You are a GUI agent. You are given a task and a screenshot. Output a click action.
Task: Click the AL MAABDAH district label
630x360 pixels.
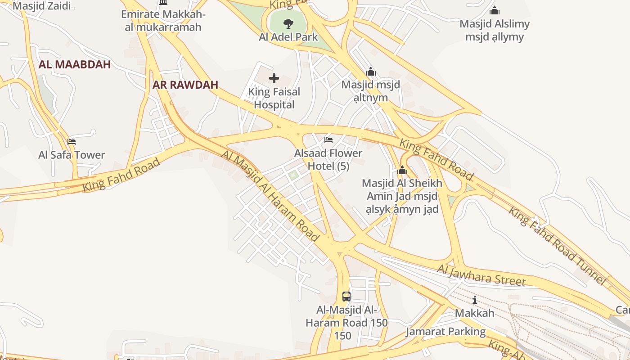(75, 64)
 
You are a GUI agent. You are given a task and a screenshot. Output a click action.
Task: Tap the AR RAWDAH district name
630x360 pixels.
(185, 85)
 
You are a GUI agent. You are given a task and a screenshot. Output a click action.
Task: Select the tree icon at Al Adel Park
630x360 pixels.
(288, 23)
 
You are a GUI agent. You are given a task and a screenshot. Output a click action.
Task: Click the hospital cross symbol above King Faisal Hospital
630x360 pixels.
(274, 79)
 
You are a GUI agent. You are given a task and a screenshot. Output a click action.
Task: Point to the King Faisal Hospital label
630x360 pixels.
(274, 98)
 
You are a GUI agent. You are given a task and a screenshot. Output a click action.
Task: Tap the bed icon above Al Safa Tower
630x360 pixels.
(72, 142)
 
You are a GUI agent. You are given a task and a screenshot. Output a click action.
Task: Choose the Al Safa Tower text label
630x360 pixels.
(72, 155)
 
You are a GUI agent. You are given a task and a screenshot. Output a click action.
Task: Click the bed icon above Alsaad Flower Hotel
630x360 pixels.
(328, 140)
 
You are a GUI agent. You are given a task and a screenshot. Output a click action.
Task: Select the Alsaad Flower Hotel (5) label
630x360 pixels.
(328, 159)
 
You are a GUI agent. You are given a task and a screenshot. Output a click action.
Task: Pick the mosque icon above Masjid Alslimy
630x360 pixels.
(495, 10)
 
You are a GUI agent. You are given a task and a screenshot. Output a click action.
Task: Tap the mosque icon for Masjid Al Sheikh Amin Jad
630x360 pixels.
(402, 171)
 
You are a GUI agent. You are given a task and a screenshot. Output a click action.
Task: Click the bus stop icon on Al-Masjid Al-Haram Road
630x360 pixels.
(346, 296)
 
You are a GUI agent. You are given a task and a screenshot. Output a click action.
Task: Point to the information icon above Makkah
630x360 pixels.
(474, 300)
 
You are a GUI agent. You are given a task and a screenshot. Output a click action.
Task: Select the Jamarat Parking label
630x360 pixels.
(445, 332)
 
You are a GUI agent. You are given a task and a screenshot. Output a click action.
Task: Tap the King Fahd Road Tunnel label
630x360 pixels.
(558, 246)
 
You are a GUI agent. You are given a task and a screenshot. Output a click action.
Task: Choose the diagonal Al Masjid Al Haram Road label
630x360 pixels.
(270, 196)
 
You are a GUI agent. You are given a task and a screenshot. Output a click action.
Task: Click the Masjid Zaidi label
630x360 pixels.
(43, 6)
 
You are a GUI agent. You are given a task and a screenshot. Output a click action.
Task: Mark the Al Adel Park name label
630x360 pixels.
(288, 37)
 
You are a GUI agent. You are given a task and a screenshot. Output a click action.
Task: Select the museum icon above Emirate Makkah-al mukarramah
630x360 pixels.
(163, 3)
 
